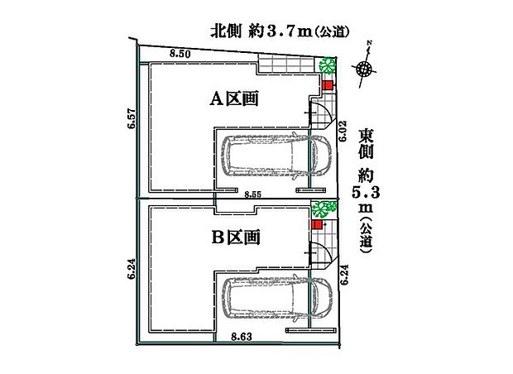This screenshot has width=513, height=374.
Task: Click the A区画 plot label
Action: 233,99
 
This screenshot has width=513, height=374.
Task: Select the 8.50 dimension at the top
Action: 180,54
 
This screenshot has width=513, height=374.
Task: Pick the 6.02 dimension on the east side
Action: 342,130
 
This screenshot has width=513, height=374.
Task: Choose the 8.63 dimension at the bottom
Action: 241,335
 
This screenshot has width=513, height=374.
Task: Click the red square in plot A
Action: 327,85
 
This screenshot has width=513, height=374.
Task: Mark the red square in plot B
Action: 317,224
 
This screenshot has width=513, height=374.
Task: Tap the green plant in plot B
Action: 323,208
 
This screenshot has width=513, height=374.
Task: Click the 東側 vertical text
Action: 365,146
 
